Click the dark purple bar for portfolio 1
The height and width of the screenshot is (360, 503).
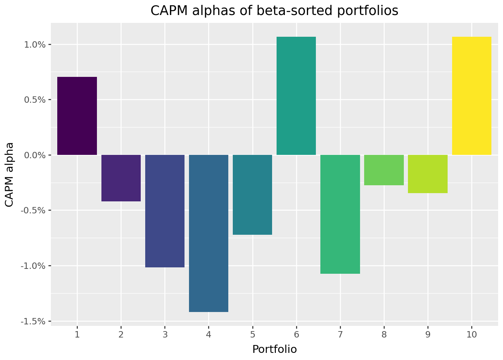pos(77,116)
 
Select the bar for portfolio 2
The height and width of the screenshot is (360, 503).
pos(121,178)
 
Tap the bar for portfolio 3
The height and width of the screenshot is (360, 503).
pos(165,211)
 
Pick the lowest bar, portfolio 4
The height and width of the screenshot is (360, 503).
pos(208,233)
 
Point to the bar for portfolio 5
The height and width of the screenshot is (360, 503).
pos(252,195)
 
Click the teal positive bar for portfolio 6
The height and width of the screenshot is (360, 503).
pos(296,96)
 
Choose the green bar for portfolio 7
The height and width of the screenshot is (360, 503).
pos(340,214)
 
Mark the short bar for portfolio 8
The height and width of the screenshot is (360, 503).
pos(384,170)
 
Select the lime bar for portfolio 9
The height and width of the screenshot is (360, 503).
pos(428,174)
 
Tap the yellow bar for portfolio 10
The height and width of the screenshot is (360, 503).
pos(472,96)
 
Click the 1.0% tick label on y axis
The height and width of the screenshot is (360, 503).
pos(35,45)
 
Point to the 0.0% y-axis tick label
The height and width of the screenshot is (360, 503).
pos(35,155)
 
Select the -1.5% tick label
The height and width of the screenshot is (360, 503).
pos(34,321)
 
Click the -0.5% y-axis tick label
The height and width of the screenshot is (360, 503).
pos(34,210)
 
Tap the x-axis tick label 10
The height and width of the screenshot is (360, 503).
pos(472,334)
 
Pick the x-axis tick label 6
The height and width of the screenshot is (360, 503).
pos(296,334)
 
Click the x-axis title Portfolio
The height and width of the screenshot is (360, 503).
pos(274,349)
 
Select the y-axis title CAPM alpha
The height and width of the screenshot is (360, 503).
pos(10,174)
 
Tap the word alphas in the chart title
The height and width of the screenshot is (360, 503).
pos(210,11)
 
